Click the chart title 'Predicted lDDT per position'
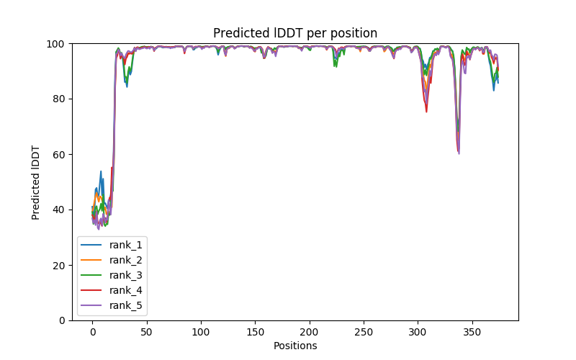pyautogui.click(x=295, y=33)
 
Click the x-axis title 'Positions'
pyautogui.click(x=295, y=346)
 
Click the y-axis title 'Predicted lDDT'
pyautogui.click(x=36, y=181)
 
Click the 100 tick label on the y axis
pyautogui.click(x=56, y=44)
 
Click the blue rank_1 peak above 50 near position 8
pyautogui.click(x=101, y=171)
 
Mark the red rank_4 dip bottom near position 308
pyautogui.click(x=426, y=112)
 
